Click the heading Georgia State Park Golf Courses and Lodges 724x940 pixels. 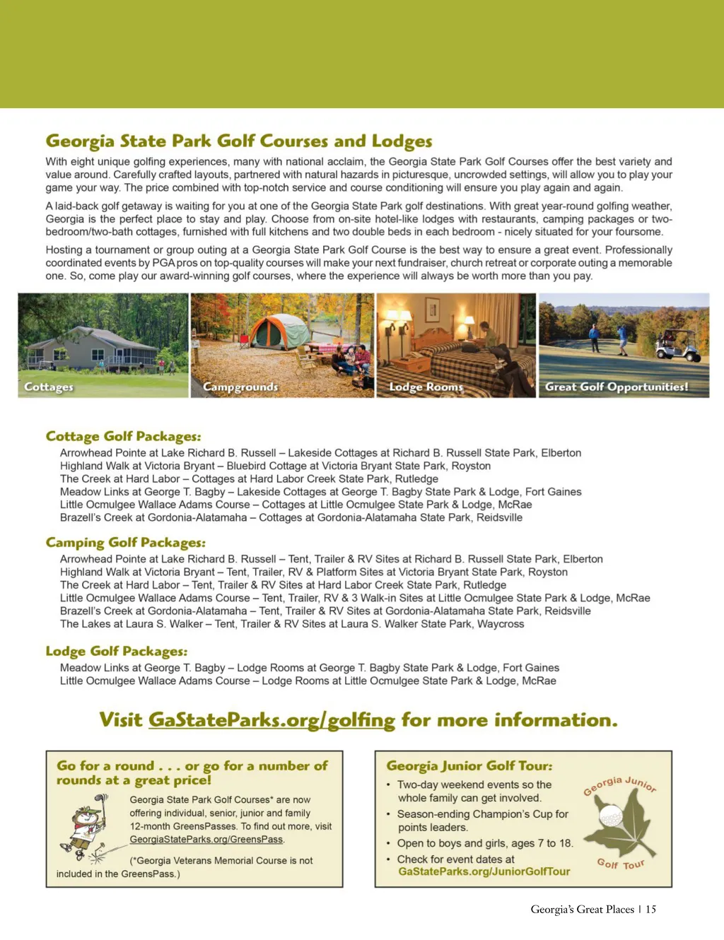point(238,141)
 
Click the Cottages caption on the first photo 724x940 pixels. point(48,387)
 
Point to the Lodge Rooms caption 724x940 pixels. point(426,387)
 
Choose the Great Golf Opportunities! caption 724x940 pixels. point(616,387)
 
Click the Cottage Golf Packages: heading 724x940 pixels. point(123,436)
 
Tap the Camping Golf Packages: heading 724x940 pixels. point(125,542)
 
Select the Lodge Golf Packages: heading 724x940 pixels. point(117,651)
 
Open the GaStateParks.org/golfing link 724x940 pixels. point(271,720)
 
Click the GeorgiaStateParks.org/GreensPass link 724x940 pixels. point(206,840)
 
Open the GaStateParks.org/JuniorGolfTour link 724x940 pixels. point(484,871)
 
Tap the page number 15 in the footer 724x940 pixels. point(650,910)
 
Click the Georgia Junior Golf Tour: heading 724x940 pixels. point(469,765)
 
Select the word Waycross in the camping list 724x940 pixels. point(501,624)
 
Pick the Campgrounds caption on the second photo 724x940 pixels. point(240,387)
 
